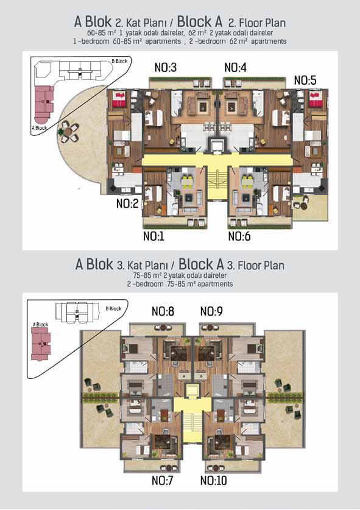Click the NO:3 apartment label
(x=166, y=68)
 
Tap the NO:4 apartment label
(x=235, y=68)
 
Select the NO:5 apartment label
(x=305, y=80)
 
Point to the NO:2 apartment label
(x=127, y=204)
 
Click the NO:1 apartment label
(x=154, y=236)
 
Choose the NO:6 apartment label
(x=239, y=236)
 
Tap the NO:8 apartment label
(x=163, y=311)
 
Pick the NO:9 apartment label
(x=211, y=311)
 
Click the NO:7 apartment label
(x=162, y=480)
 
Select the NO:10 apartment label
(x=214, y=480)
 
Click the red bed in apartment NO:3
(x=119, y=99)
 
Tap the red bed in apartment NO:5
(x=316, y=99)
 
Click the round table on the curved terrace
(x=68, y=132)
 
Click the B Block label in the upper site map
(x=119, y=61)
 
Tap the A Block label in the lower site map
(x=40, y=324)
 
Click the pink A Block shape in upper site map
(x=44, y=102)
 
